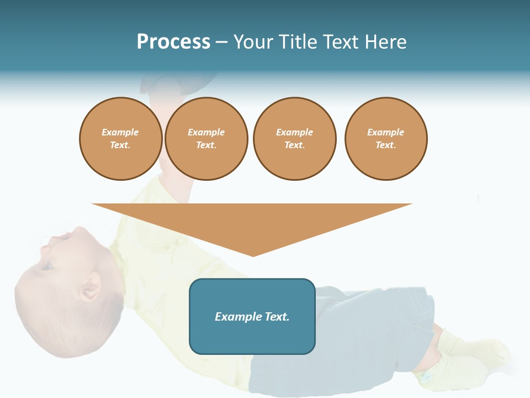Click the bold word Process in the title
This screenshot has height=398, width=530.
click(173, 42)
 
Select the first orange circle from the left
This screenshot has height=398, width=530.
click(120, 139)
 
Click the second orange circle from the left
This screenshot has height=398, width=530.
click(206, 139)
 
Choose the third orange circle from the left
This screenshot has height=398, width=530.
click(294, 139)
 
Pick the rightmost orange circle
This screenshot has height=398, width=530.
click(386, 139)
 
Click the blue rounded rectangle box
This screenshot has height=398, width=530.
click(252, 316)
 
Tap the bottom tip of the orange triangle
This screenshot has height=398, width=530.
click(253, 255)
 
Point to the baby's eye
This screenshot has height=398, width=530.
click(49, 265)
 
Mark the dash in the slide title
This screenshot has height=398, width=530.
click(221, 42)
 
